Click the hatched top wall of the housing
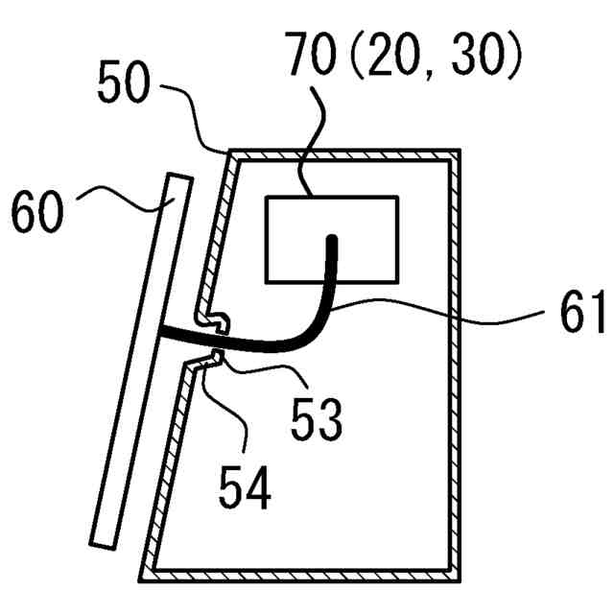[345, 153]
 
